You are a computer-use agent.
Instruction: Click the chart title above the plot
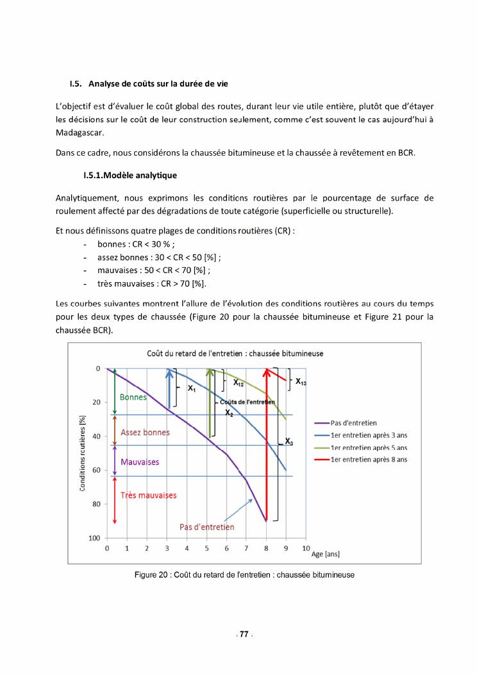(235, 353)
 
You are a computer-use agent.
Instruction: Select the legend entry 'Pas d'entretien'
(354, 422)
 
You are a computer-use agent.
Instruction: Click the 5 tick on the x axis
(206, 549)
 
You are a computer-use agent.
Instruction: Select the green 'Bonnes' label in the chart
(133, 397)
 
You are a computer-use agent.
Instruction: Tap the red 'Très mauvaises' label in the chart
(148, 495)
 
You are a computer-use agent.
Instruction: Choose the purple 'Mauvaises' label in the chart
(140, 462)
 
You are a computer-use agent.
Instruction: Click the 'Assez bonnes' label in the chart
(145, 432)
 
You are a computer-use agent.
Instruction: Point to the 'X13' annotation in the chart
(301, 381)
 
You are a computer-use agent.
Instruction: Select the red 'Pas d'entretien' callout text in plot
(206, 527)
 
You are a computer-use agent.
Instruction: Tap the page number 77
(244, 634)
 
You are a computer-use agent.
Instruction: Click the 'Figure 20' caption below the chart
(244, 574)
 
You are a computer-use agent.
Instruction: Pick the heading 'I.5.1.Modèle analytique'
(130, 175)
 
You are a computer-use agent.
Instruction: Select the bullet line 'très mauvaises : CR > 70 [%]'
(151, 283)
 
